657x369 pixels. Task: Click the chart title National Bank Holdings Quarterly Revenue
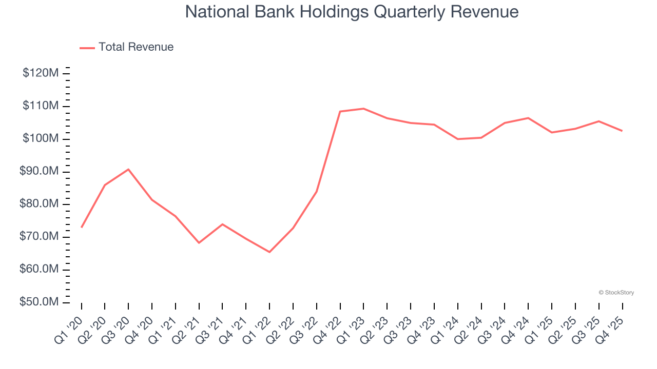[352, 12]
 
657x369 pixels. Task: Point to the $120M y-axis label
[40, 73]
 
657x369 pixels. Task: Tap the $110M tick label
[40, 106]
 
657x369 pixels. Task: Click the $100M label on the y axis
[40, 139]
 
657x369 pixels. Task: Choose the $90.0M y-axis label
[39, 171]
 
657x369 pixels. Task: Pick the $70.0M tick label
[39, 237]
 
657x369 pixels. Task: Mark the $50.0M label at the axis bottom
[39, 302]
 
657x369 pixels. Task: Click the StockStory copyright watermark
[616, 293]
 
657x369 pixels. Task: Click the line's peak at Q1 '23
[363, 109]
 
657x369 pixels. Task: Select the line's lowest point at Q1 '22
[269, 252]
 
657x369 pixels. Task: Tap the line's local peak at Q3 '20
[128, 169]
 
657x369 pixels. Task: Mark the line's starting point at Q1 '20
[82, 227]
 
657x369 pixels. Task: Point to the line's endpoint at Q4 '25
[622, 131]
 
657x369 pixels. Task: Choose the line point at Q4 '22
[340, 111]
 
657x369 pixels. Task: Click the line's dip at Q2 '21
[199, 242]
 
